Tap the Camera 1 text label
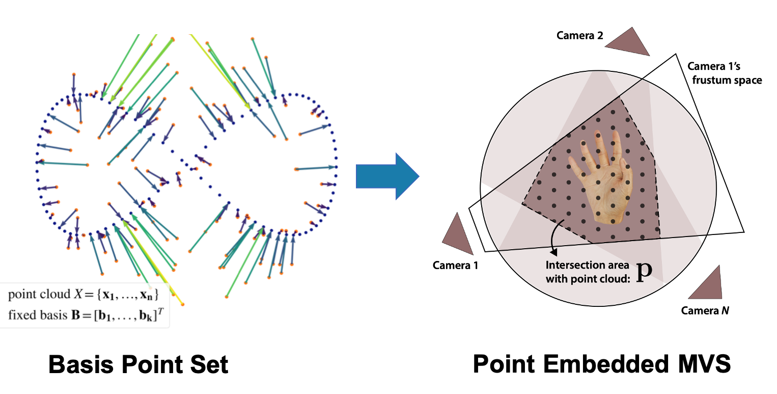tap(455, 265)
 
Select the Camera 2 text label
tap(579, 36)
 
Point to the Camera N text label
tap(705, 310)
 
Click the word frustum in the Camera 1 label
tap(706, 81)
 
